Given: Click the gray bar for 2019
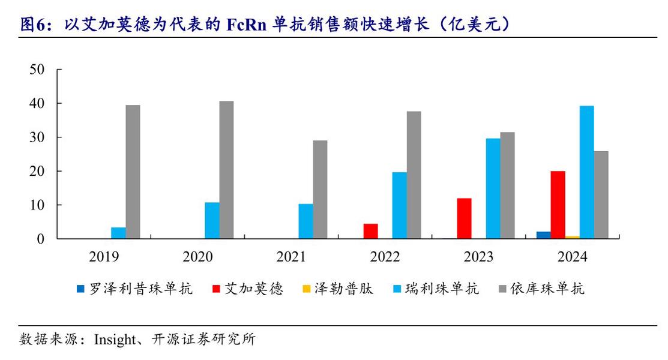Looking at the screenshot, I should (x=133, y=172).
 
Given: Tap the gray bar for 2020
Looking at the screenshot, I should (x=226, y=170).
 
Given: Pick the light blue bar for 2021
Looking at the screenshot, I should (x=305, y=221).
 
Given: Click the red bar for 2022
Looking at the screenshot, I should (x=370, y=231).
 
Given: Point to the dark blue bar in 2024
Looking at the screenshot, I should (x=543, y=235).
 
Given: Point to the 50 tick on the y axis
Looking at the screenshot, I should (x=37, y=70).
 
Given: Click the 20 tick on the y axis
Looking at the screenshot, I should (x=37, y=172).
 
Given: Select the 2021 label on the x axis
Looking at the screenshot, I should (x=291, y=257).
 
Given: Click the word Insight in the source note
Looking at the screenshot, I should (x=115, y=340).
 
